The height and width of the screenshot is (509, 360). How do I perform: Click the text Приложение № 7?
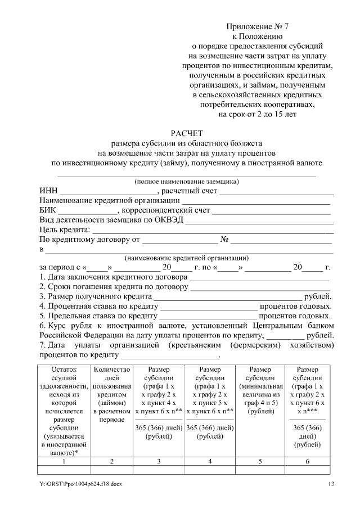click(250, 26)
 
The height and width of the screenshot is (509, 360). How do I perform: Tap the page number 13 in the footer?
click(331, 484)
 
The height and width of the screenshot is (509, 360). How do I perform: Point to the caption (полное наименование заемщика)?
click(186, 181)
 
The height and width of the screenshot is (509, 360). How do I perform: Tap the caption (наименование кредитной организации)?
click(186, 258)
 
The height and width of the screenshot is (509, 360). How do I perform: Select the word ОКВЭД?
click(169, 220)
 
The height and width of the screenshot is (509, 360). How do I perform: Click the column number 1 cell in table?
click(64, 461)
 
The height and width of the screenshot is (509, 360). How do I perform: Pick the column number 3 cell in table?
click(159, 461)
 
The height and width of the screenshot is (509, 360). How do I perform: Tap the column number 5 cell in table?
click(260, 461)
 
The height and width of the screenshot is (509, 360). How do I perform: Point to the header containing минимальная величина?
click(260, 391)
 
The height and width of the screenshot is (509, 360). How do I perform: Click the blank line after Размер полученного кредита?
click(228, 297)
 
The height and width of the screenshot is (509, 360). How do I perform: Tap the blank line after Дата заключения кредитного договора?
click(259, 277)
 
